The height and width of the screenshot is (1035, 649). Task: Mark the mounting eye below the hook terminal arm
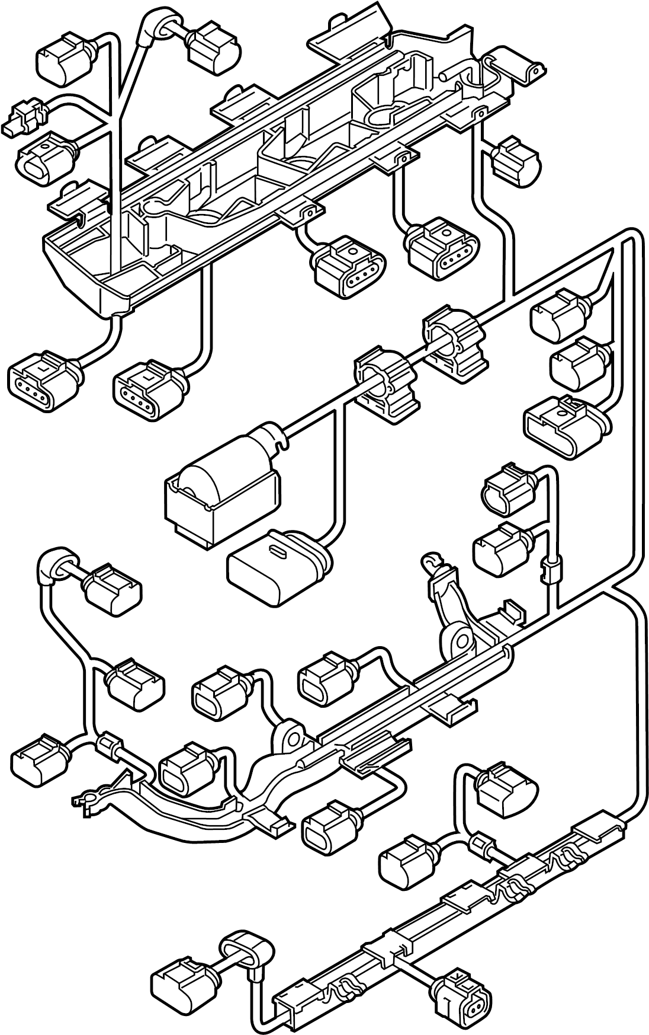click(x=460, y=641)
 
